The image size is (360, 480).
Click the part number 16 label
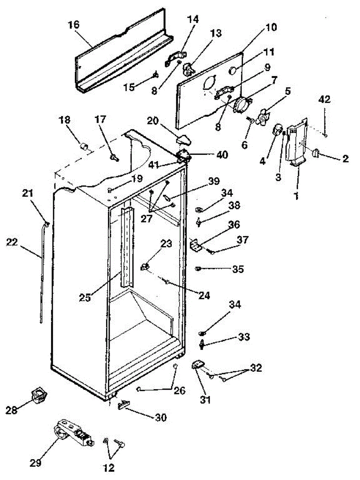click(x=74, y=25)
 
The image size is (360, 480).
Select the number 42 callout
click(x=324, y=99)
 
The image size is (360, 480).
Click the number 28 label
click(x=11, y=410)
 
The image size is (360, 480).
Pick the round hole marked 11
click(x=232, y=71)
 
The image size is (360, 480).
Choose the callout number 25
click(x=85, y=297)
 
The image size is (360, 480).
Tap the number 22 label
click(x=12, y=242)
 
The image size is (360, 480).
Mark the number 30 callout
click(x=161, y=417)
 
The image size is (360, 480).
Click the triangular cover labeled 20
click(x=183, y=140)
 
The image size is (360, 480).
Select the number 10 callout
click(x=271, y=27)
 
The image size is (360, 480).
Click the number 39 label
click(x=214, y=181)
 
